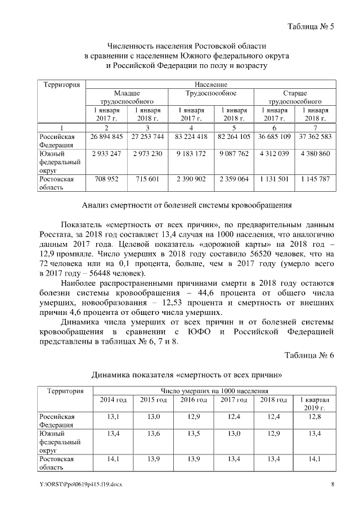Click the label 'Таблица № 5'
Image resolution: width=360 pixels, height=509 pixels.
pyautogui.click(x=310, y=27)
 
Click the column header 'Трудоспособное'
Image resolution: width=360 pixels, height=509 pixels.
pyautogui.click(x=211, y=93)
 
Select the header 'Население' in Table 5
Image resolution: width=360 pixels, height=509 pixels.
pyautogui.click(x=211, y=84)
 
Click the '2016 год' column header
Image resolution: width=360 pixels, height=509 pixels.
pyautogui.click(x=193, y=399)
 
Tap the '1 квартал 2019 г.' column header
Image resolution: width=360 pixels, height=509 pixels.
pyautogui.click(x=315, y=403)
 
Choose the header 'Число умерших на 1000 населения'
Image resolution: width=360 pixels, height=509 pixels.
pyautogui.click(x=214, y=390)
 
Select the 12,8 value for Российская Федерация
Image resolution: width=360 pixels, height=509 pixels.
pyautogui.click(x=315, y=416)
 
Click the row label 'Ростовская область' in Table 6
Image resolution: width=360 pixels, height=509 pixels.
pyautogui.click(x=56, y=463)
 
